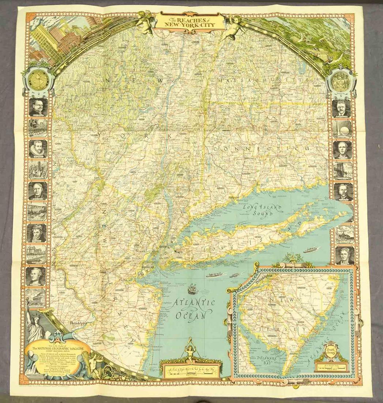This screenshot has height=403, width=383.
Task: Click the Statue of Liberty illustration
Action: click(35, 324)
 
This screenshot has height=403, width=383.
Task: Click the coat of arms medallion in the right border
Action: click(341, 81)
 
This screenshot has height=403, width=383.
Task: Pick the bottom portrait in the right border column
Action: click(344, 255)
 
